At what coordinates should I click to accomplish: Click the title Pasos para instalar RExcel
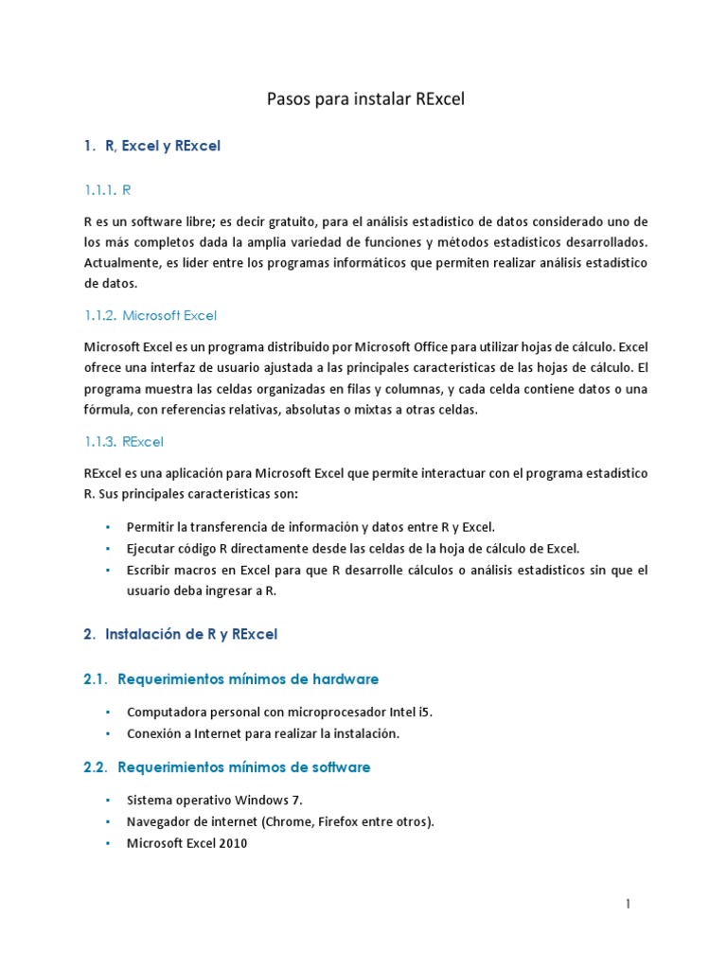(363, 100)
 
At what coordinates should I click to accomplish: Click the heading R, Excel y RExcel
(163, 147)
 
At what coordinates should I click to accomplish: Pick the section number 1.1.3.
(100, 442)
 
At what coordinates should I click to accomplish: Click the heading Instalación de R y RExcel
(191, 635)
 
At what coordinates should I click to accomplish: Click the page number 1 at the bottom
(628, 904)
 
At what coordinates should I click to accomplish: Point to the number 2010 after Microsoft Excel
(233, 843)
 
